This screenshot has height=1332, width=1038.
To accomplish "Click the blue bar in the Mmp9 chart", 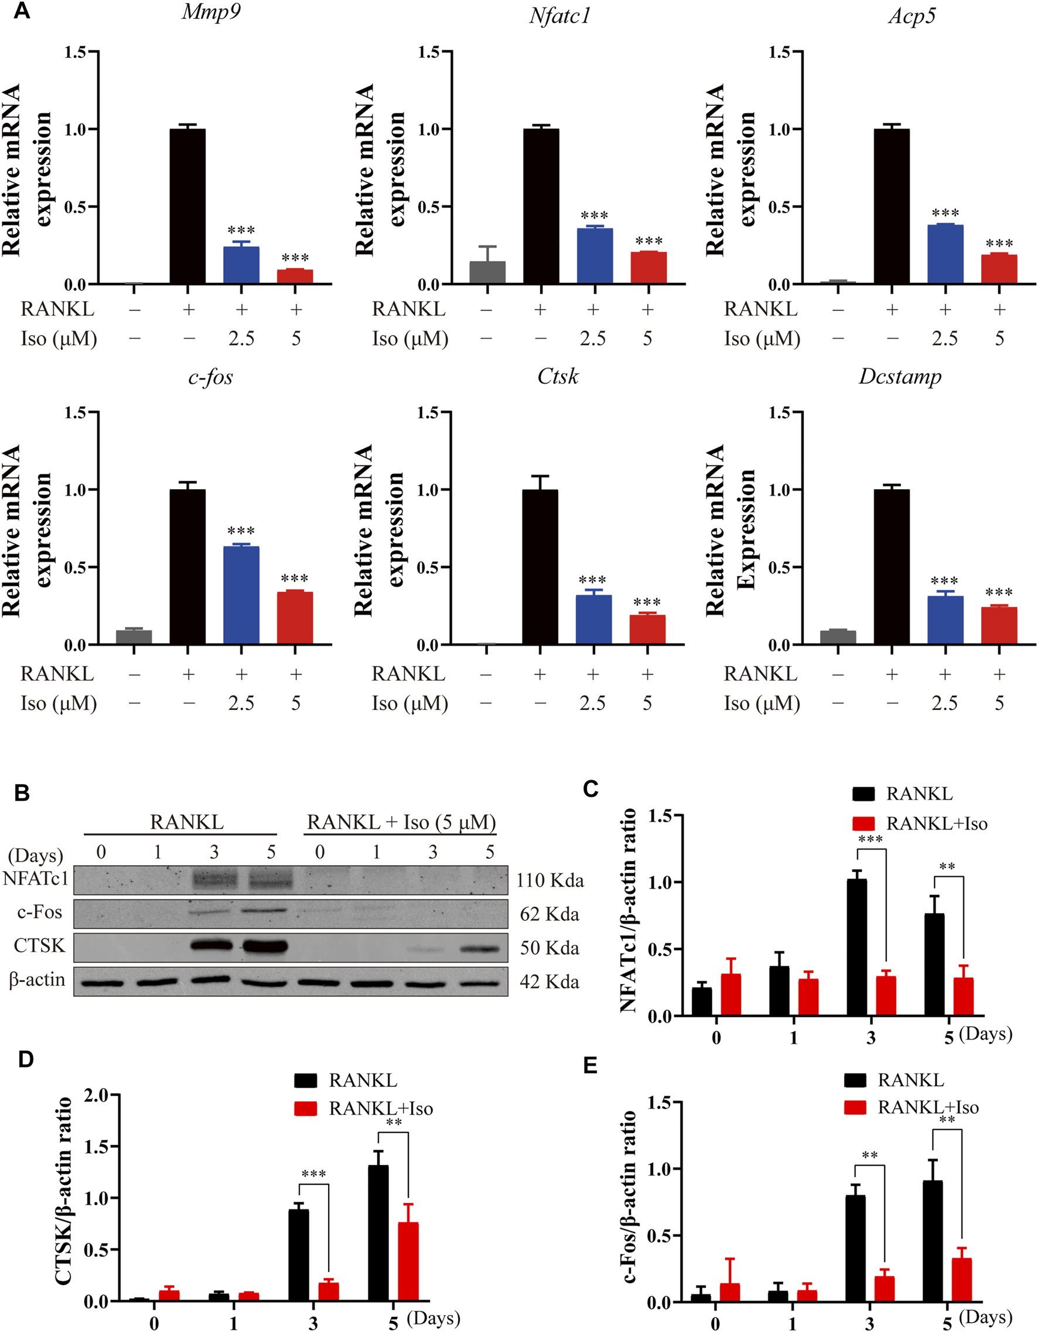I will pos(241,265).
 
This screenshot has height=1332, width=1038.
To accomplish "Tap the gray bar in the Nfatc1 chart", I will pos(487,272).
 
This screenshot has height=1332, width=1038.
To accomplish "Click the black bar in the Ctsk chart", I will pos(540,566).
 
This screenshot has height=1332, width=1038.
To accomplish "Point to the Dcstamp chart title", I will pos(900,376).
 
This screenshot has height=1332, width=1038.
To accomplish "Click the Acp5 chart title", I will pos(911,16).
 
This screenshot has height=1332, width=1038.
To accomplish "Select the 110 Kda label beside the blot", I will pos(549,881).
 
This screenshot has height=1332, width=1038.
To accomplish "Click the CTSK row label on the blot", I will pos(39,945).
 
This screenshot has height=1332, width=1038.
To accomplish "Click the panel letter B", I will pos(22,794).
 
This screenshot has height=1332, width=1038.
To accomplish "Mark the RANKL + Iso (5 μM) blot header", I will pos(401,822).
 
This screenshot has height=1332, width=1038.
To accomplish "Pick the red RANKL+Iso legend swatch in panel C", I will pos(863,824).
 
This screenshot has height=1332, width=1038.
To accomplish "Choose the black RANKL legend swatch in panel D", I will pos(306,1080).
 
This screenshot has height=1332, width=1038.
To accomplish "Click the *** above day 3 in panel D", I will pos(313,1174).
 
